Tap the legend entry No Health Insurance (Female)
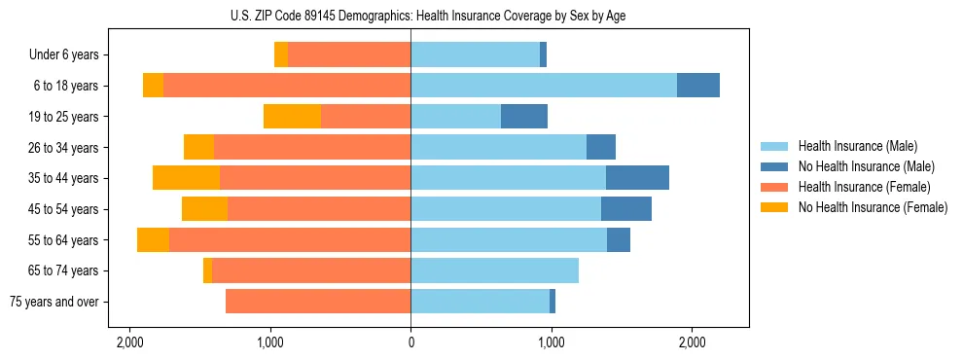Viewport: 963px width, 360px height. tap(873, 207)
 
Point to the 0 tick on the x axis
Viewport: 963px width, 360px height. tap(410, 342)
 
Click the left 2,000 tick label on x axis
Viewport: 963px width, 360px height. tap(129, 342)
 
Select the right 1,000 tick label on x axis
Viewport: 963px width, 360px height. tap(551, 342)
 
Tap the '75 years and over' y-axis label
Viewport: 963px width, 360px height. tap(54, 302)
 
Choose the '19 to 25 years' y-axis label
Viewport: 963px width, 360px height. tap(64, 117)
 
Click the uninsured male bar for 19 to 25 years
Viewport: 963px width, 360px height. tap(524, 117)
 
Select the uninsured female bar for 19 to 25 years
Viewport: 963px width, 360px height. tap(292, 117)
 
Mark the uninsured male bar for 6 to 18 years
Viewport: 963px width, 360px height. tap(698, 86)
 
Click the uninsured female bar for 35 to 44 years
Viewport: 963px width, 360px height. tap(186, 178)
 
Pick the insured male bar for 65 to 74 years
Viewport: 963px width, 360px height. tap(494, 270)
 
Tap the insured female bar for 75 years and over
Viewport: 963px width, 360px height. tap(318, 302)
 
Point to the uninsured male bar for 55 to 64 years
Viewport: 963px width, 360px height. tap(619, 239)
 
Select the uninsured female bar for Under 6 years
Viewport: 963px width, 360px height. tap(281, 55)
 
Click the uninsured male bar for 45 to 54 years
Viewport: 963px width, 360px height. tap(626, 209)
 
